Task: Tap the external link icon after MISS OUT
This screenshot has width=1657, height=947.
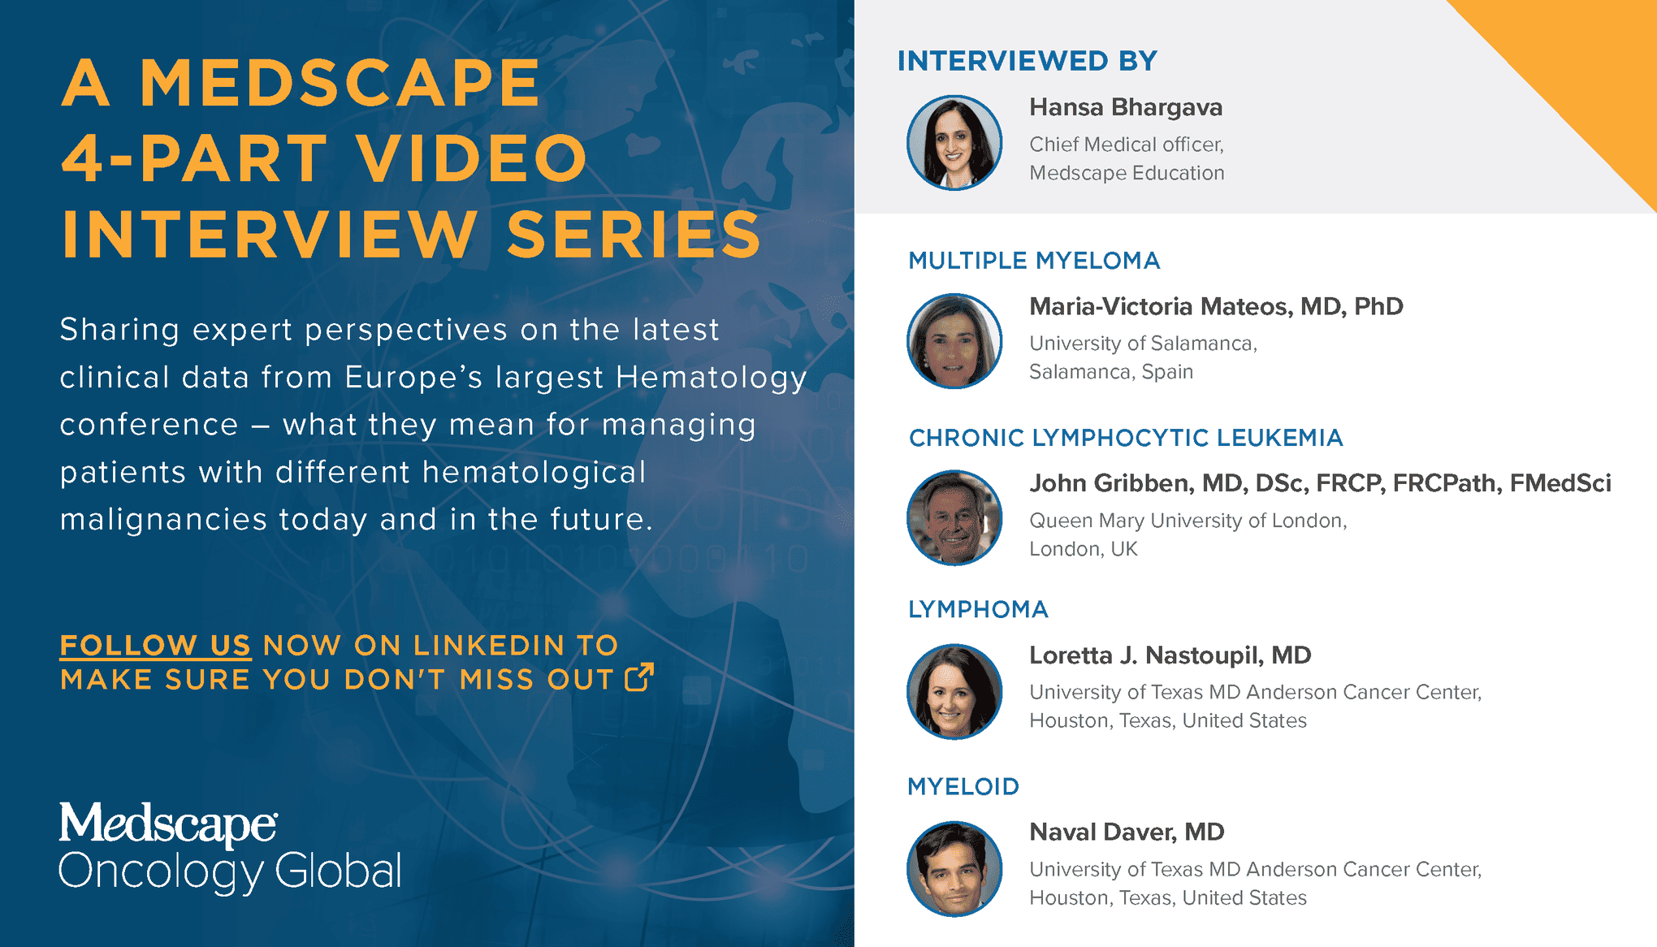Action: pos(639,677)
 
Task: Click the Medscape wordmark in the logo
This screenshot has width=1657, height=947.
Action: pos(168,824)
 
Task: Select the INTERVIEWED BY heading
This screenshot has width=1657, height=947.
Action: pos(1028,61)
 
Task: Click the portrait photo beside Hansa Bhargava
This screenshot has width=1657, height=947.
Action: pos(954,143)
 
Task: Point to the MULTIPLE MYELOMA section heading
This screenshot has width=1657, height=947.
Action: pos(1034,261)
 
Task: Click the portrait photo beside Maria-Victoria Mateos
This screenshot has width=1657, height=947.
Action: pos(954,341)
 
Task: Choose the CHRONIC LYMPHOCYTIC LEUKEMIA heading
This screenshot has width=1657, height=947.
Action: pos(1126,438)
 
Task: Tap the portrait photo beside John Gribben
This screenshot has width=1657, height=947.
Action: pos(954,518)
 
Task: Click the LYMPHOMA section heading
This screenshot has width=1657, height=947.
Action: pos(978,609)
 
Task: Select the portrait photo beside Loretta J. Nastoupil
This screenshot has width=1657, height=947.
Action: pos(954,692)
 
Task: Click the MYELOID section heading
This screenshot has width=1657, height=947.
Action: pos(963,786)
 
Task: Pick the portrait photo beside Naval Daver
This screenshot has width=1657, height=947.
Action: pos(954,869)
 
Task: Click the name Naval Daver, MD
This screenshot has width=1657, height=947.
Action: pos(1127,832)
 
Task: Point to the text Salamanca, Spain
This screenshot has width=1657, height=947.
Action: pos(1111,372)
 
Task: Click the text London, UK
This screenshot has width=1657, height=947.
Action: pos(1084,549)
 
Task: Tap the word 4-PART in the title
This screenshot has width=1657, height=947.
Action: pos(195,158)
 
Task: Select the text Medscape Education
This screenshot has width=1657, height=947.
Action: pos(1127,173)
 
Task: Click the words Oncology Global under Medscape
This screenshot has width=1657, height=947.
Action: pos(230,872)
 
